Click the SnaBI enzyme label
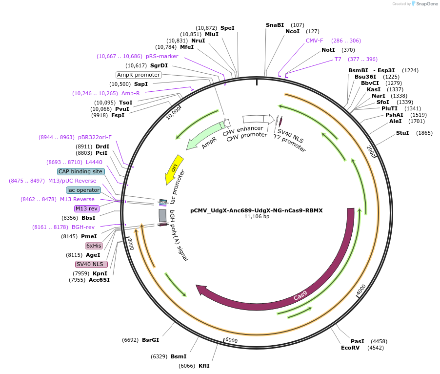coord(275,25)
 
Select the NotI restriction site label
coord(328,50)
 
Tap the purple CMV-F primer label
coord(315,41)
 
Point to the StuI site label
coord(402,133)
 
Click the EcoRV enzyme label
coord(350,348)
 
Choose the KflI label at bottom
coord(204,366)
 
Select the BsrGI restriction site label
coord(150,340)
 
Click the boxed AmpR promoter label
coord(139,75)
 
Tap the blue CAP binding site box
coord(80,171)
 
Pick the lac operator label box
coord(83,190)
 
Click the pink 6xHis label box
coord(94,246)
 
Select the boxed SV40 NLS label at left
coord(91,264)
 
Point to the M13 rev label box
coord(86,208)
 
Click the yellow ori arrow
coord(174,168)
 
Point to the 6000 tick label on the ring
coord(231,340)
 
